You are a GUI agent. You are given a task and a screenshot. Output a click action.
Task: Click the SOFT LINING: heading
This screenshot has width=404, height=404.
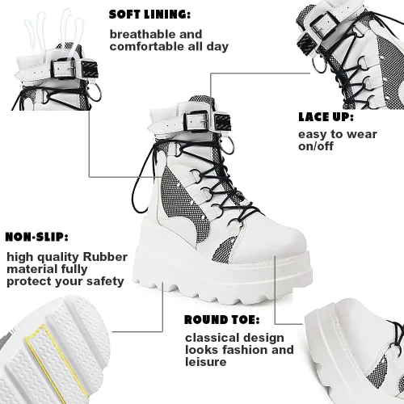click(x=149, y=15)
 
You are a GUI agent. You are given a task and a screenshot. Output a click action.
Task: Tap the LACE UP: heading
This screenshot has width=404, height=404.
click(x=326, y=117)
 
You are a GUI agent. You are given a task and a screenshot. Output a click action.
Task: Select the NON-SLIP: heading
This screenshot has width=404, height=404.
click(x=36, y=237)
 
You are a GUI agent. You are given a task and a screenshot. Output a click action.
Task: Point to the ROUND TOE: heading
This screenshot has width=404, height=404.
click(x=222, y=320)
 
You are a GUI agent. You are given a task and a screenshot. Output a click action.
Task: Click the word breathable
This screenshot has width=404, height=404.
click(x=140, y=34)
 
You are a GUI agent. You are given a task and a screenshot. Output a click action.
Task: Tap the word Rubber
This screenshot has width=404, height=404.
click(x=105, y=257)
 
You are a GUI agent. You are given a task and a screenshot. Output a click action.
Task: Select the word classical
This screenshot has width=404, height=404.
click(x=211, y=338)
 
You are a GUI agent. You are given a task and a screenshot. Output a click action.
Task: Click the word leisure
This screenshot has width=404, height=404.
click(x=206, y=362)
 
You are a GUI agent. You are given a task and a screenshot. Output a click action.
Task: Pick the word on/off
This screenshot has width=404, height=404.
click(x=316, y=146)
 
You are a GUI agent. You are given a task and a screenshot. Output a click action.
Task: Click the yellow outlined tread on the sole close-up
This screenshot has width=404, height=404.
click(x=55, y=362)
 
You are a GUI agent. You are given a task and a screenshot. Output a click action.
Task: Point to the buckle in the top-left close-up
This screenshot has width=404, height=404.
click(x=65, y=69)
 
